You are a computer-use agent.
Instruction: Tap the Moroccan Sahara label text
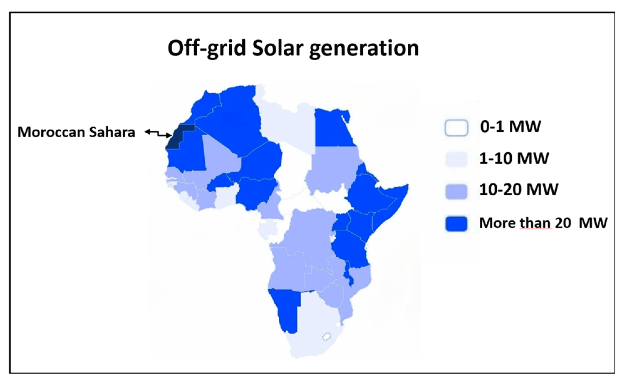[76, 132]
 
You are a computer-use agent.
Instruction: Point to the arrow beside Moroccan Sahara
[158, 134]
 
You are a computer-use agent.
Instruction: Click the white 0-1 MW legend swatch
[456, 128]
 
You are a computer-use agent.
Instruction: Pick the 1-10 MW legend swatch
[456, 159]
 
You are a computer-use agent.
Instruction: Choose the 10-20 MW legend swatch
[456, 191]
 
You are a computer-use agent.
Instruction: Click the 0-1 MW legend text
[510, 126]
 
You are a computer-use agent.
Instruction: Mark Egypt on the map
[334, 128]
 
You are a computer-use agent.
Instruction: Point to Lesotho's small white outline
[327, 337]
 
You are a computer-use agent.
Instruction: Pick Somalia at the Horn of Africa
[391, 207]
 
